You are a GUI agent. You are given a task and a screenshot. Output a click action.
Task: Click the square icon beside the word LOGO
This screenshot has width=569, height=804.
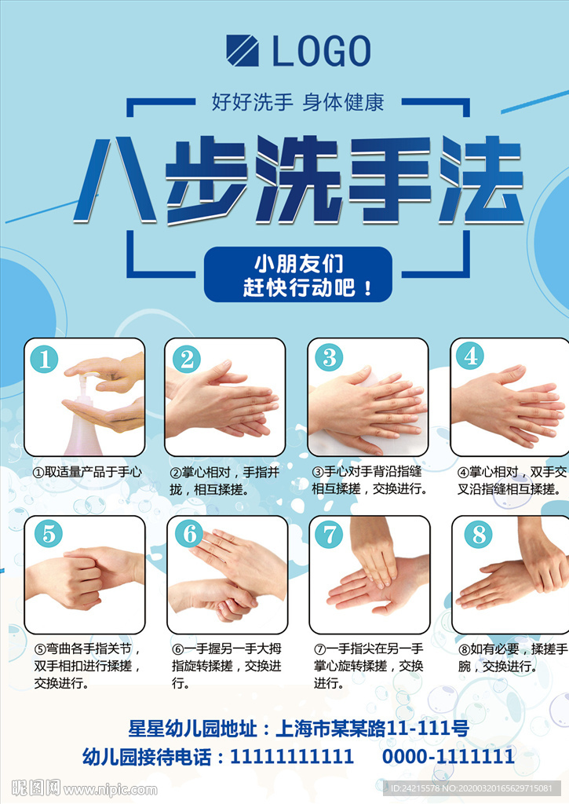pyautogui.click(x=243, y=50)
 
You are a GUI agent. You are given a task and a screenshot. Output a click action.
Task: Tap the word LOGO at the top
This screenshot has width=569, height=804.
pyautogui.click(x=322, y=51)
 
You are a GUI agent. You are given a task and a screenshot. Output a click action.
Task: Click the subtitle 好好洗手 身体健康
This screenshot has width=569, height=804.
pyautogui.click(x=297, y=102)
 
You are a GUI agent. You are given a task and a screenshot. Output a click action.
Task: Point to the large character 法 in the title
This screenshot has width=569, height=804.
pyautogui.click(x=480, y=180)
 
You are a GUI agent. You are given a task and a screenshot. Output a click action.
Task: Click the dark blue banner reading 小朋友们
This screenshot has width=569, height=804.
pyautogui.click(x=297, y=274)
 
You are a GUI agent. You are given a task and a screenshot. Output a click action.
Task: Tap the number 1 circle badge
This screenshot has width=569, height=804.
pyautogui.click(x=44, y=359)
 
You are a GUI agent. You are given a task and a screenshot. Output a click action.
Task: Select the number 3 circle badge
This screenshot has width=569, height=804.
pyautogui.click(x=329, y=357)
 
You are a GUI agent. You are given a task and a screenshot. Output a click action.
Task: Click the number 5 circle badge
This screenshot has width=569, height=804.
pyautogui.click(x=48, y=534)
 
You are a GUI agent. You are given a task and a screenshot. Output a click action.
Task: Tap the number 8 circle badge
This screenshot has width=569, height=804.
pyautogui.click(x=478, y=534)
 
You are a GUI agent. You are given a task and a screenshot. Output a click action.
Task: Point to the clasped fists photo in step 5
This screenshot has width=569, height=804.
pyautogui.click(x=85, y=576)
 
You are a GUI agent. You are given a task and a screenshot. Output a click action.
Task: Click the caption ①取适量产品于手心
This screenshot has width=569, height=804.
pyautogui.click(x=86, y=472)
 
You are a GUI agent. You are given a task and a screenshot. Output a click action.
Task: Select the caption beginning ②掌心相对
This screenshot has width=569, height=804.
pyautogui.click(x=224, y=481)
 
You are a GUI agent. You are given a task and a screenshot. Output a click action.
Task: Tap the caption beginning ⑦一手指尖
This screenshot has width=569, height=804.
pyautogui.click(x=369, y=666)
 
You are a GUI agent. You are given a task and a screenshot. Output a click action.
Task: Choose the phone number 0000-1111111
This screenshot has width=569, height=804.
pyautogui.click(x=448, y=756)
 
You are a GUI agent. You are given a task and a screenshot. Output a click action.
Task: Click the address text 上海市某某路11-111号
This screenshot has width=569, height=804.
pyautogui.click(x=372, y=728)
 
